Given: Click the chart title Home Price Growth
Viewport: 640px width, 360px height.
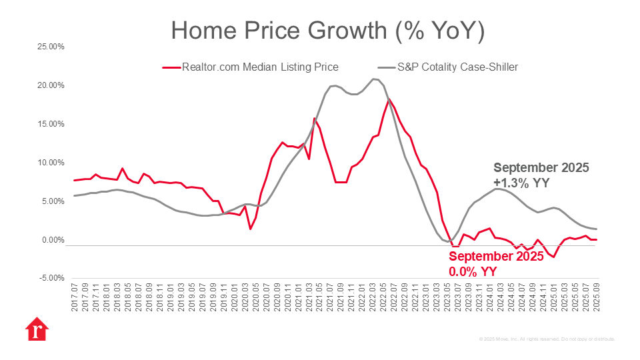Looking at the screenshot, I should point(327,31).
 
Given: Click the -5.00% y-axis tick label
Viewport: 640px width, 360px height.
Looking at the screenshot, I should point(49,278).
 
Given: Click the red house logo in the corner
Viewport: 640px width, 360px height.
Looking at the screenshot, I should point(37,329).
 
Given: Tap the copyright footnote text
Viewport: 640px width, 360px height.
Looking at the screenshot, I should point(547,339).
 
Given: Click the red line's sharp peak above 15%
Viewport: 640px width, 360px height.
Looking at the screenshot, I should point(314,119).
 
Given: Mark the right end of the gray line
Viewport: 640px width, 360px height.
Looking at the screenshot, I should point(597,229).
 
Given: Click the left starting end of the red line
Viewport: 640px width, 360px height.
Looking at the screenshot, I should point(74,181).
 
